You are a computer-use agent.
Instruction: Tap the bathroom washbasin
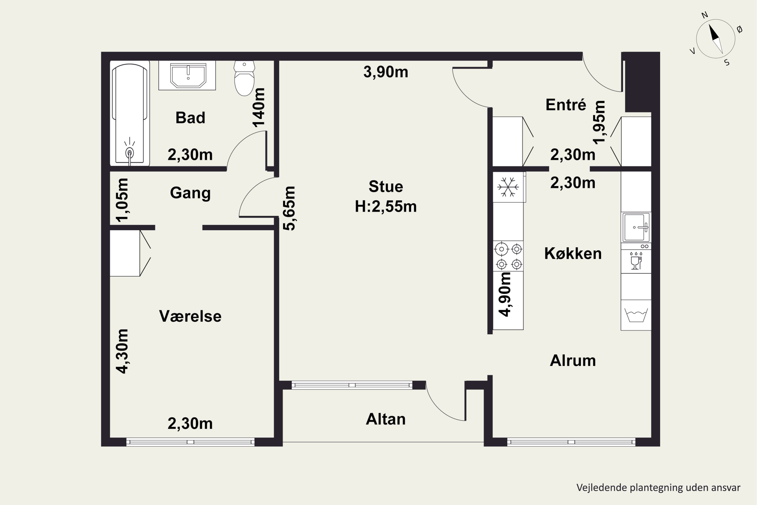pos(188,75)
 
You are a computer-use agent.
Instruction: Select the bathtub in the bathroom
pos(130,113)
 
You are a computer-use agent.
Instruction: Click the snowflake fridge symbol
pos(508,187)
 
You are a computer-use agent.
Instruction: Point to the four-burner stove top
pos(508,256)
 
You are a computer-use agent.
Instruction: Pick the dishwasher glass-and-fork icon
pos(636,261)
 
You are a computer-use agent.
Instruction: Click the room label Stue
pos(386,187)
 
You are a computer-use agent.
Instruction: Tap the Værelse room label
pos(190,316)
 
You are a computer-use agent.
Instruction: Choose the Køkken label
pos(573,254)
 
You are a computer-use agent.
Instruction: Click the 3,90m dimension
pos(386,72)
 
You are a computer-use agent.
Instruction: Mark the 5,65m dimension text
pos(289,208)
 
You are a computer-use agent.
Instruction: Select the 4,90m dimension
pos(504,294)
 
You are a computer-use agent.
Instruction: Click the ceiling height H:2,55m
pos(386,207)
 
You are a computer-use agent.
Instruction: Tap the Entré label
pos(566,105)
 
